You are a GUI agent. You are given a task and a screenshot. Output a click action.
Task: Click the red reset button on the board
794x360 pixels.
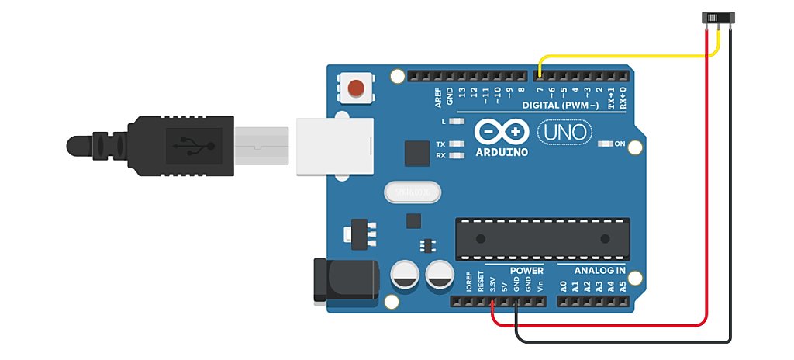[x=356, y=88]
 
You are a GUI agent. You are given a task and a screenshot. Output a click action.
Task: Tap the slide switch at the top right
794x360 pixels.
[x=718, y=18]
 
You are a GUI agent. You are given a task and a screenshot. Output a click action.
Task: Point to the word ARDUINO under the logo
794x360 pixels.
[x=502, y=152]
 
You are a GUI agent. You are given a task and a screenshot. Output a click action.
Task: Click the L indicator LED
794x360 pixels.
[x=457, y=123]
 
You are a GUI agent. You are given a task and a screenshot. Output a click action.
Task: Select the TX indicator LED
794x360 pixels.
[x=457, y=144]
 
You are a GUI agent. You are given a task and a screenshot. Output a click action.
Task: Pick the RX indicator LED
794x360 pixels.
[x=457, y=156]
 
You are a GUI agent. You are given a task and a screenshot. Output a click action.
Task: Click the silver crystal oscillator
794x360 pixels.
[x=412, y=191]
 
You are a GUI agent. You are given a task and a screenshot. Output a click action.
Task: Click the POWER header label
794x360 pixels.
[x=526, y=271]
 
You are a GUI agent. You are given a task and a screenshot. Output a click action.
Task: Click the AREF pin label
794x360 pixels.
[x=438, y=96]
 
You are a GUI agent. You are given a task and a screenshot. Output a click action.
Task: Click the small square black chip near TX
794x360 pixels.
[x=416, y=152]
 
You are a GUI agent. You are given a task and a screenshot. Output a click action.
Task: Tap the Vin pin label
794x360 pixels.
[x=540, y=285]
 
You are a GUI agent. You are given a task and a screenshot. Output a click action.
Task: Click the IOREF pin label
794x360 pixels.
[x=469, y=282]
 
